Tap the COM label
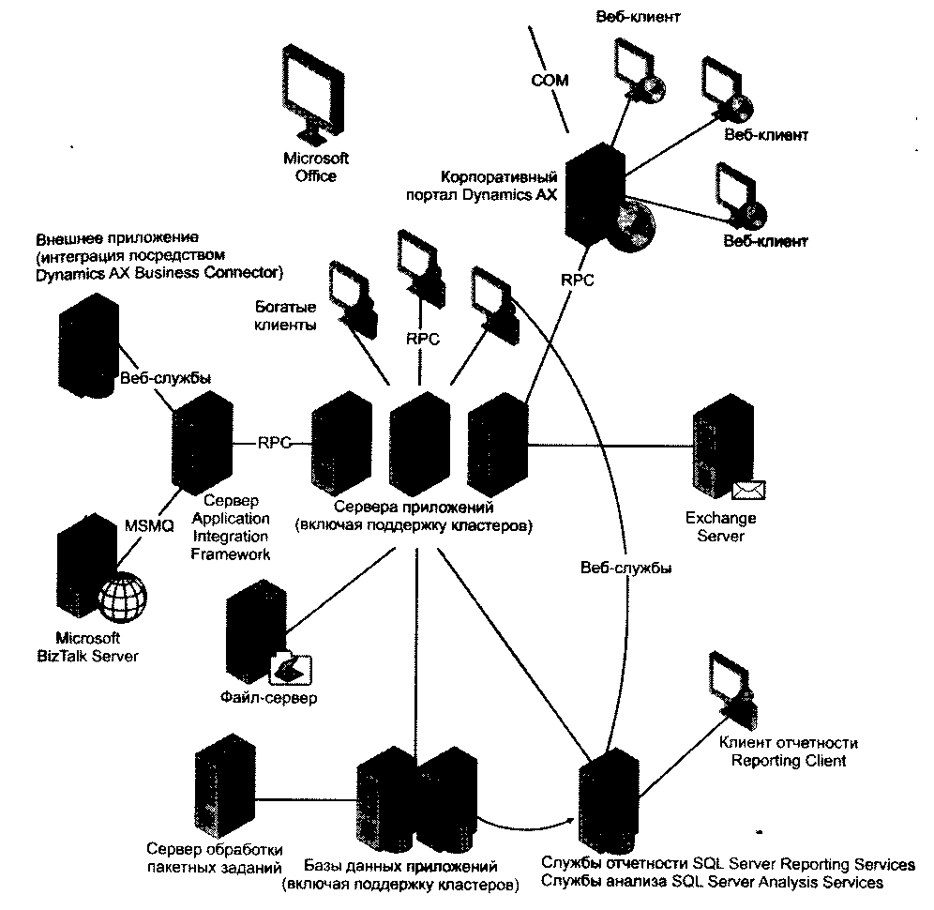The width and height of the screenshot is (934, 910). point(550,81)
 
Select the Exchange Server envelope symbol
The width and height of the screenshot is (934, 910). point(748,490)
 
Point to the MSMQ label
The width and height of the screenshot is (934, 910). point(149,525)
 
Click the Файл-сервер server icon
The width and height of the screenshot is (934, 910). point(256,631)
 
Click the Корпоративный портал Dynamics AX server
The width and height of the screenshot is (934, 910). point(595,193)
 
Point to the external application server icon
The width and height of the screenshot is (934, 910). point(89,344)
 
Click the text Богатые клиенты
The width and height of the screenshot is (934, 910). point(285,316)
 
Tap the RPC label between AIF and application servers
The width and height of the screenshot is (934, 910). point(274,443)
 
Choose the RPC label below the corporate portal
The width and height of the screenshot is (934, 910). point(578,280)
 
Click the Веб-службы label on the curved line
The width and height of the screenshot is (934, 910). point(626,568)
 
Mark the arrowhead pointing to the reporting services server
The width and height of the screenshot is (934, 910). point(571,820)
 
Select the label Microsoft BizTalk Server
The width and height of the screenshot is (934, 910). point(87,647)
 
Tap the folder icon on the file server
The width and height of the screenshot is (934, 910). point(292,670)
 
